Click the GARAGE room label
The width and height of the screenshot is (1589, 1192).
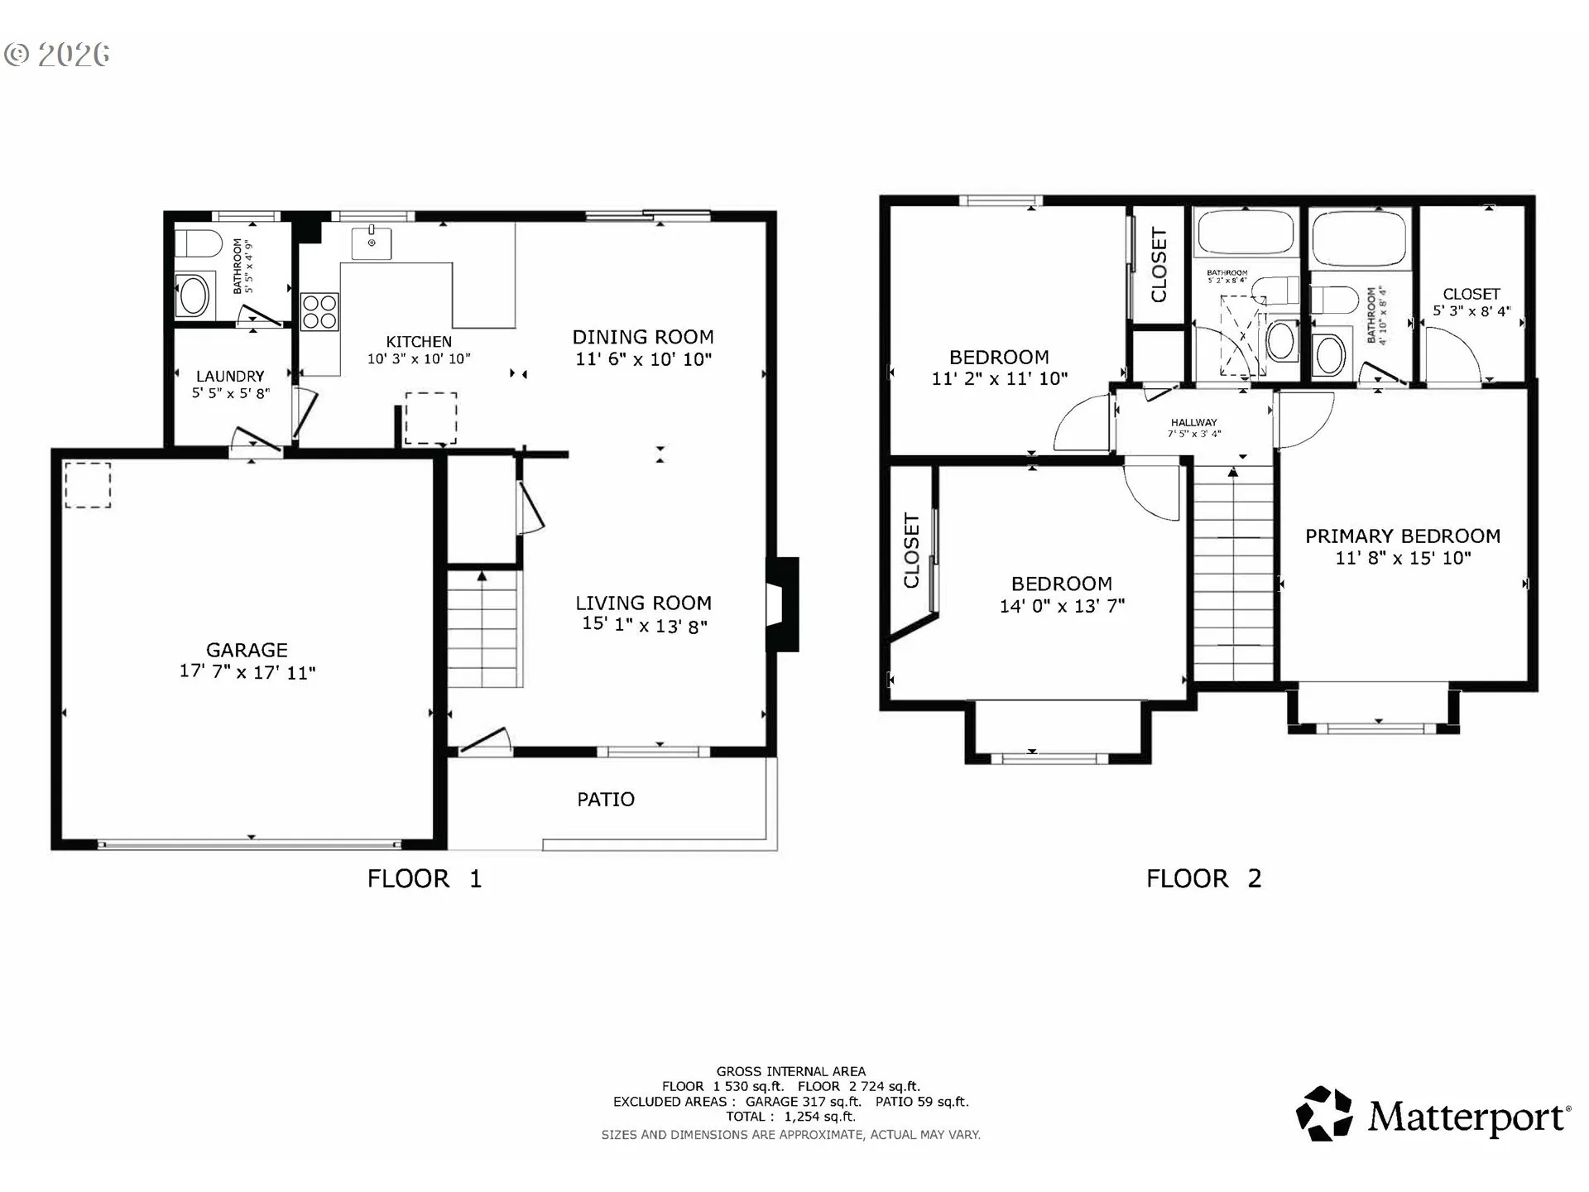[247, 650]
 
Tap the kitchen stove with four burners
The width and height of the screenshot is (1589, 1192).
[319, 312]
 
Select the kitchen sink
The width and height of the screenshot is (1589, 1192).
[372, 243]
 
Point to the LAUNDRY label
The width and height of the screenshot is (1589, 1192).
[230, 376]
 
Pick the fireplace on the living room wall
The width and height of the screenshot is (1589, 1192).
[782, 604]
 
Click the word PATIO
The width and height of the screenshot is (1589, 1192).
[606, 799]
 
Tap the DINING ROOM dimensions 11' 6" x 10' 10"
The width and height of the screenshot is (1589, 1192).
[644, 359]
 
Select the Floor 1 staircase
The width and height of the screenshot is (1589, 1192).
[485, 628]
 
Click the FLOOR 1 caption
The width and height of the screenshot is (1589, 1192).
[424, 878]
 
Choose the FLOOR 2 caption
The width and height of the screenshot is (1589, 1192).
[1203, 878]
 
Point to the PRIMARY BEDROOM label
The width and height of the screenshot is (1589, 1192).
[1403, 536]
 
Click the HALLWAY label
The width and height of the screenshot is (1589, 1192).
[1193, 422]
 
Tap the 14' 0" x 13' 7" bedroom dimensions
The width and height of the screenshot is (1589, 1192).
[1062, 606]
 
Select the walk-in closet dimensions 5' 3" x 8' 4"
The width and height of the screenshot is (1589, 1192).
[1471, 311]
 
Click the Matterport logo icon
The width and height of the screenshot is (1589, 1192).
[1324, 1113]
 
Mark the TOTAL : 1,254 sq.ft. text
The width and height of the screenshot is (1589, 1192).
[790, 1117]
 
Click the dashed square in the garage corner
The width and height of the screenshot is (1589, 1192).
[88, 484]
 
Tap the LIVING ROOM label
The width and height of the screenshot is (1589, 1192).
[644, 603]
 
